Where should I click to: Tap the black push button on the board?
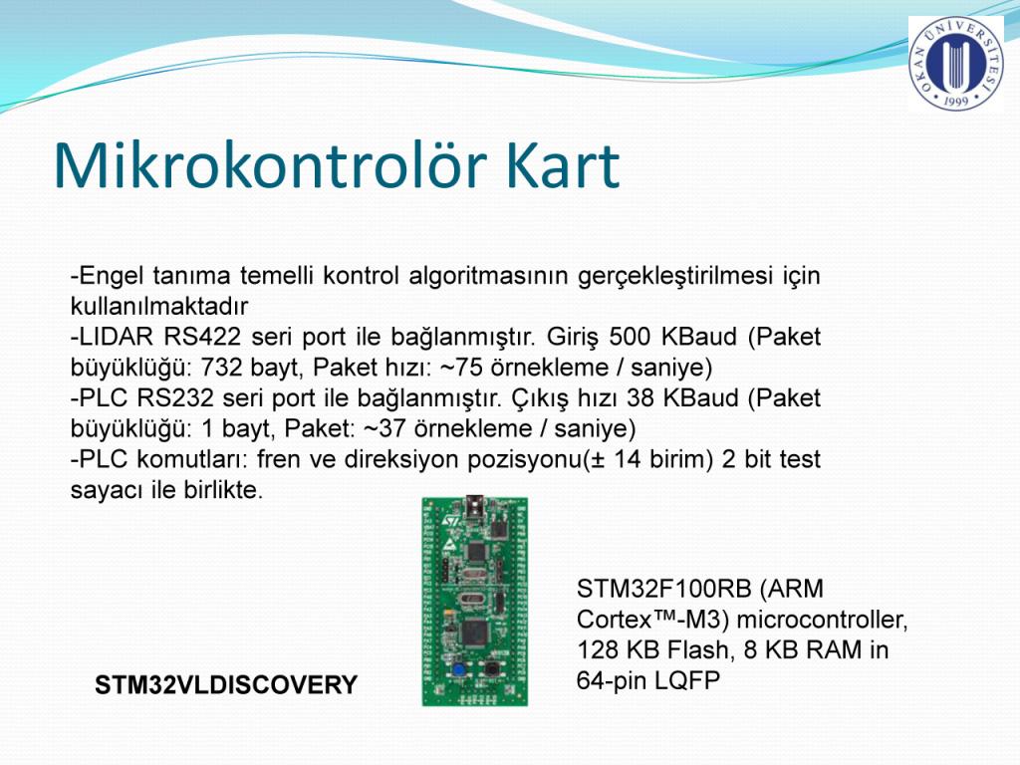pos(490,668)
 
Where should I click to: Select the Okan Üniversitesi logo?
pos(955,63)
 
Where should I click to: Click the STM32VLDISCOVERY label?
pos(226,685)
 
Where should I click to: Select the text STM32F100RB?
pos(662,589)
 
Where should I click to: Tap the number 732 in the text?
pos(222,368)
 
